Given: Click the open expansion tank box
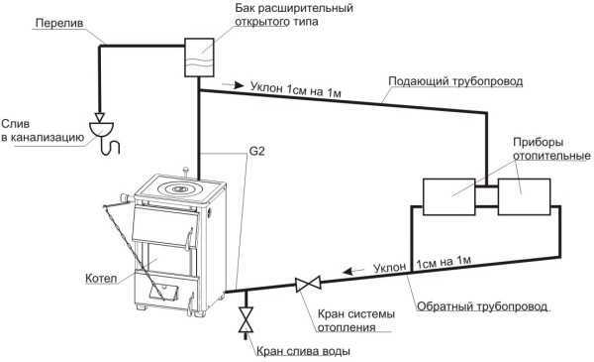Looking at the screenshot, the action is [200, 57].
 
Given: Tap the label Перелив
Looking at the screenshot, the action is [59, 23].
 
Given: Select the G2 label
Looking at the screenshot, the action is [256, 152].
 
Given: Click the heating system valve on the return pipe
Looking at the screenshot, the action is [308, 284].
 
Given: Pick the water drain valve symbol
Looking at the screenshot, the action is [246, 320].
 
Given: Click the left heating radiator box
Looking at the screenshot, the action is [448, 196].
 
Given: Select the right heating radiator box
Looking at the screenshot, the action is [524, 196].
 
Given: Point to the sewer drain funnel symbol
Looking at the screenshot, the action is [101, 129].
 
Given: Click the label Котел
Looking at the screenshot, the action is [101, 279].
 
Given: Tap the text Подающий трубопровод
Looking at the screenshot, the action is [455, 81].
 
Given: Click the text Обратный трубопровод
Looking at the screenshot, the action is [482, 306].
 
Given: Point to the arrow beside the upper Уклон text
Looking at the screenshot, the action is [233, 85].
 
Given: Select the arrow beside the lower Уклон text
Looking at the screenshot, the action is [352, 271].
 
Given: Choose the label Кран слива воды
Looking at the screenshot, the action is [303, 351].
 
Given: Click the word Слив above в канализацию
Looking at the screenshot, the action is [16, 123].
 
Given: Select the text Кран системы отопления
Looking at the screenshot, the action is [356, 320].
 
